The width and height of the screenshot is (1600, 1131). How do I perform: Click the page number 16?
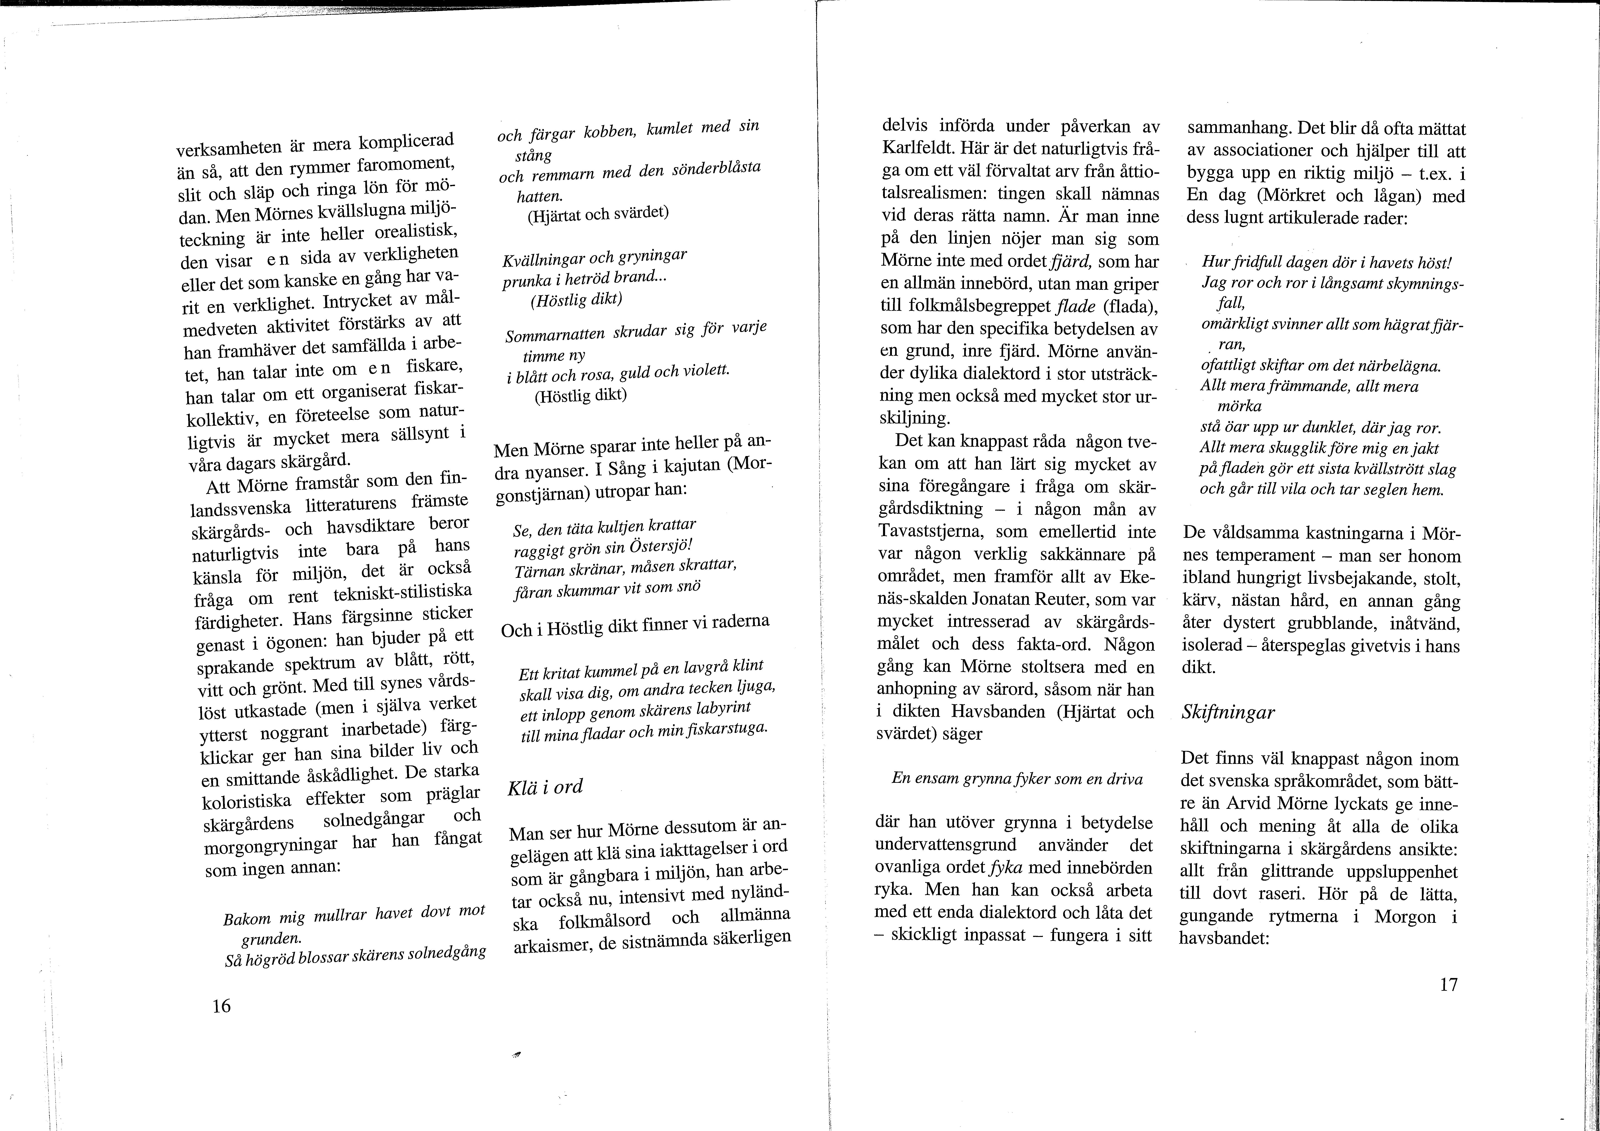click(222, 1006)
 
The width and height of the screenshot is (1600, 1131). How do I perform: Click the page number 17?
click(1448, 985)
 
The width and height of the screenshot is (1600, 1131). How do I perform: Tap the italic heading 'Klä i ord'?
click(545, 787)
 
